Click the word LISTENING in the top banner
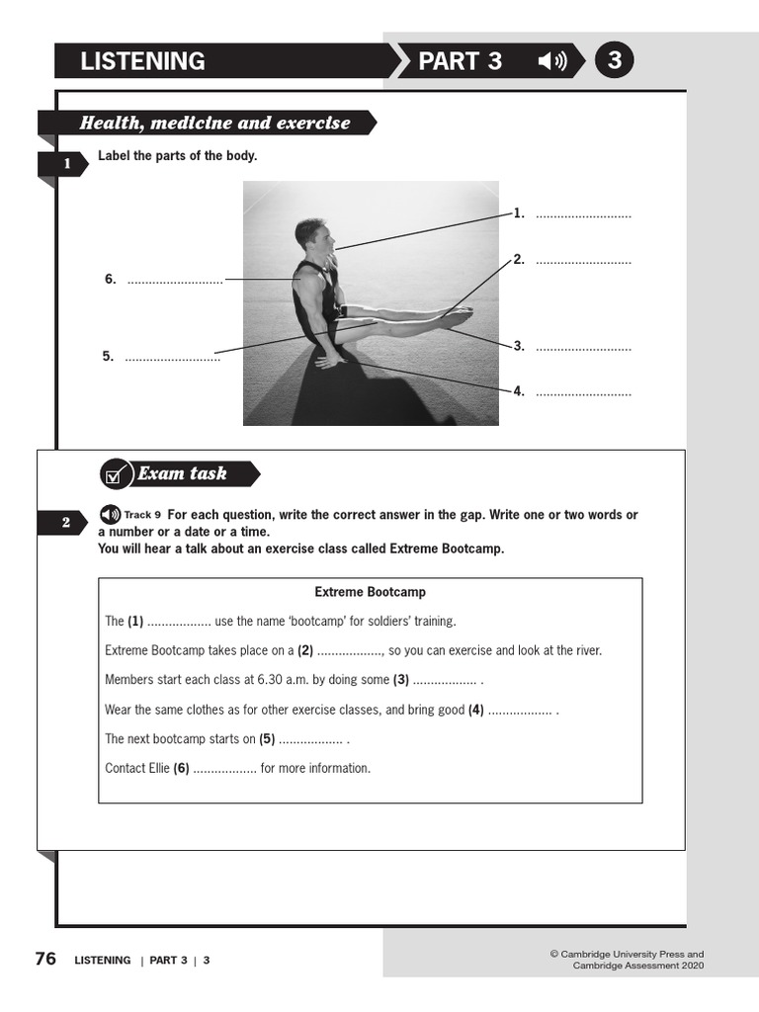coord(142,61)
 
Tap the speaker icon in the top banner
coord(551,61)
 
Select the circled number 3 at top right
coord(615,61)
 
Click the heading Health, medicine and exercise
coord(214,123)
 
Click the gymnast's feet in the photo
coord(456,316)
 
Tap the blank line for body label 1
coord(583,214)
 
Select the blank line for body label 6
coord(175,280)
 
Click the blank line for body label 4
coord(583,392)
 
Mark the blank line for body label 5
coord(172,357)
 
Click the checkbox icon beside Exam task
coord(116,474)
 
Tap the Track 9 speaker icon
coord(110,515)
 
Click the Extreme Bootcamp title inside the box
coord(370,592)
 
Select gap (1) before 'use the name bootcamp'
coord(178,622)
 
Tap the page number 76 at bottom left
coord(45,959)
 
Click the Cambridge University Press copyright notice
coord(627,960)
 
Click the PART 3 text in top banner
coord(460,61)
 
